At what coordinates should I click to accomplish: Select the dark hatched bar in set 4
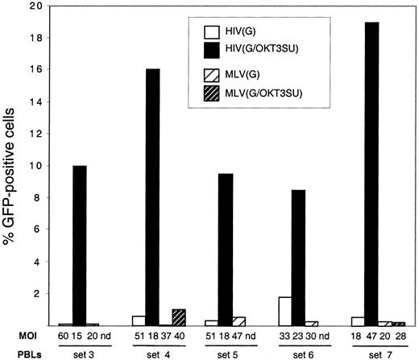tap(180, 317)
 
